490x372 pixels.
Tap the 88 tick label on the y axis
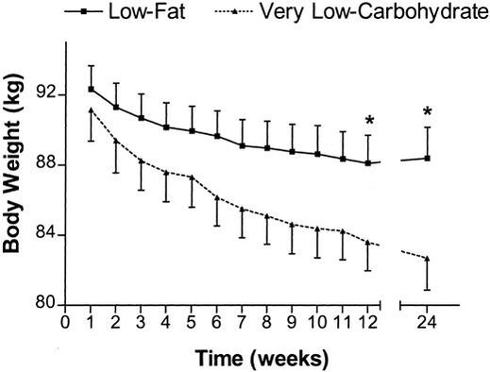click(x=42, y=165)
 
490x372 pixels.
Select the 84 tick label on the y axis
click(x=42, y=235)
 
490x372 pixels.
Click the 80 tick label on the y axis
click(x=42, y=305)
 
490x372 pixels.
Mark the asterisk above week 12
click(x=368, y=121)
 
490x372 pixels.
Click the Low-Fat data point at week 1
click(x=92, y=89)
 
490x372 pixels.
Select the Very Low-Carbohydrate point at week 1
click(x=92, y=110)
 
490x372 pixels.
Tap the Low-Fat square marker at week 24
click(x=428, y=158)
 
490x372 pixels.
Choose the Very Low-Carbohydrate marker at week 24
click(x=428, y=258)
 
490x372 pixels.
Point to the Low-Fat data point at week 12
click(x=368, y=162)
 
